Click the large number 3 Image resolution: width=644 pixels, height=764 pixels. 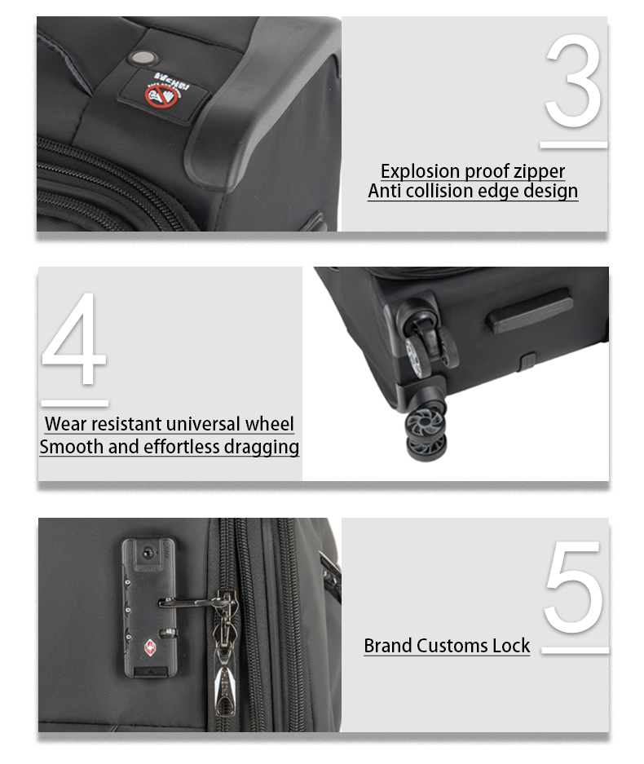[x=573, y=81]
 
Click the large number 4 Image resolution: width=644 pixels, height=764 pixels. [x=73, y=338]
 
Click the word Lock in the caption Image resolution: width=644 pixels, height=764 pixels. [x=510, y=646]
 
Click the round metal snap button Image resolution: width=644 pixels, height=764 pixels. [x=143, y=58]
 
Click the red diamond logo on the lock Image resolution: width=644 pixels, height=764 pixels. [x=150, y=647]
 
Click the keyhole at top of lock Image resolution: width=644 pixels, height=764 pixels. [x=147, y=553]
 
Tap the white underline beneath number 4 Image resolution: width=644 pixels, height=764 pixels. [x=74, y=404]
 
